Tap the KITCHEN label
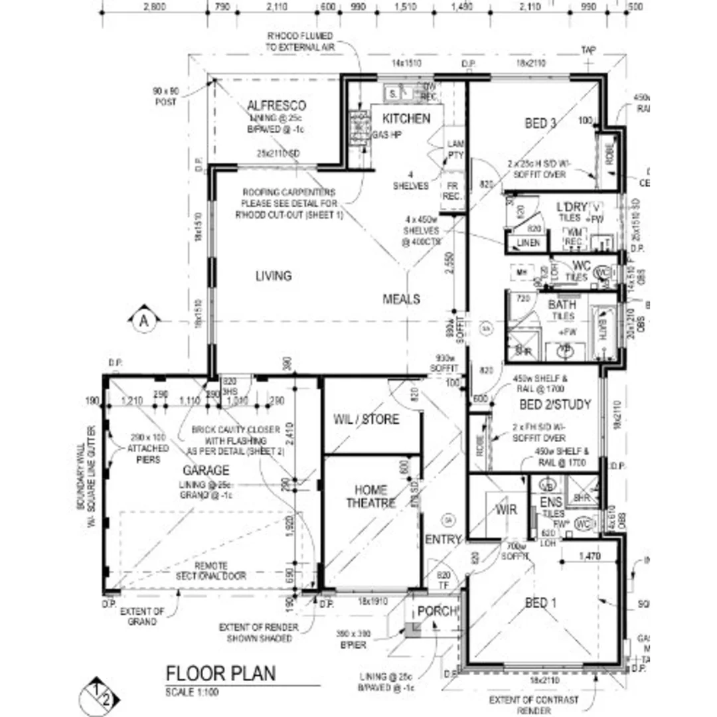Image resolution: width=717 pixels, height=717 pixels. (x=406, y=119)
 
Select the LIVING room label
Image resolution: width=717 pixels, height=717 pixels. (x=273, y=276)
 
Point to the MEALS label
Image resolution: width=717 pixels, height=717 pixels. (x=401, y=299)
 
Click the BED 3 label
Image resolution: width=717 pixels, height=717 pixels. (x=540, y=123)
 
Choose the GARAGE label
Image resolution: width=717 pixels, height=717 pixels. (x=206, y=471)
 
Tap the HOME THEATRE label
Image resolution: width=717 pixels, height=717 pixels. (x=370, y=497)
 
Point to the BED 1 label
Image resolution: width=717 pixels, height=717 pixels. (x=541, y=603)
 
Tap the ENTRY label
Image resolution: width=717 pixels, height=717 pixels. (x=443, y=540)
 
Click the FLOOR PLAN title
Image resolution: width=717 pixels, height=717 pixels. (x=220, y=673)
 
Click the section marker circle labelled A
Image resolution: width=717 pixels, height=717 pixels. (x=143, y=321)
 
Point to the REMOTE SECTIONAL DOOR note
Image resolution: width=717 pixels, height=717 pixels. (x=210, y=571)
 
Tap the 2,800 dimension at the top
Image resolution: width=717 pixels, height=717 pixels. (x=154, y=7)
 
